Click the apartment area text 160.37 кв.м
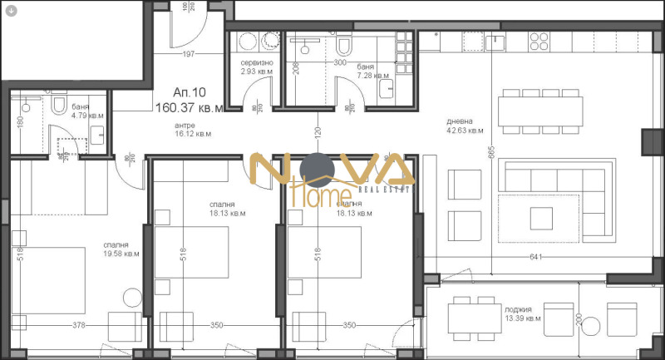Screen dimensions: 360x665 pyautogui.click(x=189, y=107)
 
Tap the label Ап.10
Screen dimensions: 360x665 pyautogui.click(x=187, y=93)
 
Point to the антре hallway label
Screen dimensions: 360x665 pyautogui.click(x=184, y=125)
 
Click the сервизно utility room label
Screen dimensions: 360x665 pyautogui.click(x=257, y=63)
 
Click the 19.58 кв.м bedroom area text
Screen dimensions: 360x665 pyautogui.click(x=121, y=254)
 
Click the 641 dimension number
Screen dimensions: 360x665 pyautogui.click(x=534, y=257)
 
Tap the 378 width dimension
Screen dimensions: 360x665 pyautogui.click(x=79, y=325)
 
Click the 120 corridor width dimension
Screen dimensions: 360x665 pyautogui.click(x=318, y=133)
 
